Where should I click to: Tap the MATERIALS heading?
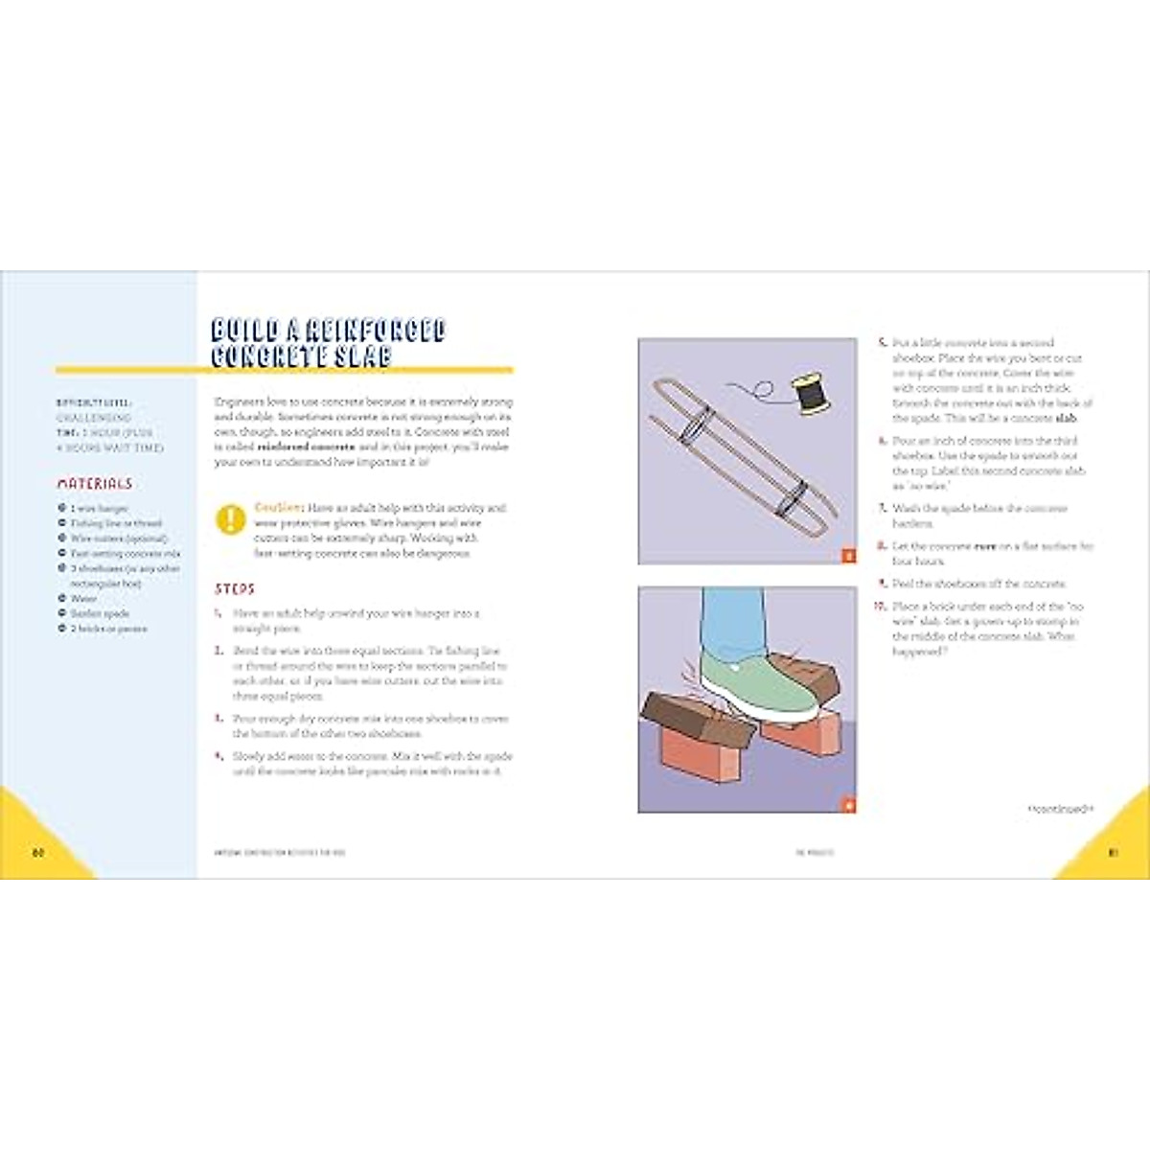point(95,484)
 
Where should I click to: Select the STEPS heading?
point(235,588)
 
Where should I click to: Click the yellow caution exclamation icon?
point(231,519)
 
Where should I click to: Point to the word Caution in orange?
point(279,507)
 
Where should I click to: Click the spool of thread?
point(810,395)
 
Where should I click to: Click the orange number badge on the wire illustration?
point(847,555)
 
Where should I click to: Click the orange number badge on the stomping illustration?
point(847,804)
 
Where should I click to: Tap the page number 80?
point(38,853)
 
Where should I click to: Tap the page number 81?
point(1113,853)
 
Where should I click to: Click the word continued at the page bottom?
point(1060,810)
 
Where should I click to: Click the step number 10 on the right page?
point(880,607)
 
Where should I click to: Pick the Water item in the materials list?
point(83,598)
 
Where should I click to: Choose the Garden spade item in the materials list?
point(100,613)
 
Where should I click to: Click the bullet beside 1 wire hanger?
point(62,509)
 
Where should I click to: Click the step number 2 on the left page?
point(219,651)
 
